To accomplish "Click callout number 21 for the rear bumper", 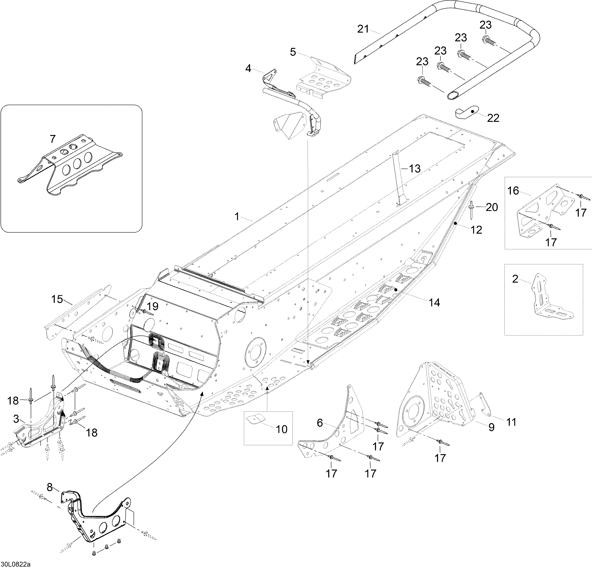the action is [x=363, y=29].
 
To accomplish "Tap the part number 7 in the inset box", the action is [x=53, y=139].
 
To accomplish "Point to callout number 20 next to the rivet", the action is [x=492, y=207].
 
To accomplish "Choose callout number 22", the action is [x=493, y=118].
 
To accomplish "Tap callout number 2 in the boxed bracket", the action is [x=515, y=279].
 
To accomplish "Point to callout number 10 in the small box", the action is [x=282, y=429].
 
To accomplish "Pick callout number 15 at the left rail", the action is [x=57, y=299].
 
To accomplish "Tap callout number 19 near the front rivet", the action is [x=153, y=307].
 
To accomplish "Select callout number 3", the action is [x=16, y=419].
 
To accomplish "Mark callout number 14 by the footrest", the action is [x=434, y=302].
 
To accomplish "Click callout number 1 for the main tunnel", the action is [x=237, y=216].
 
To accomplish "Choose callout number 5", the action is [x=293, y=52].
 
